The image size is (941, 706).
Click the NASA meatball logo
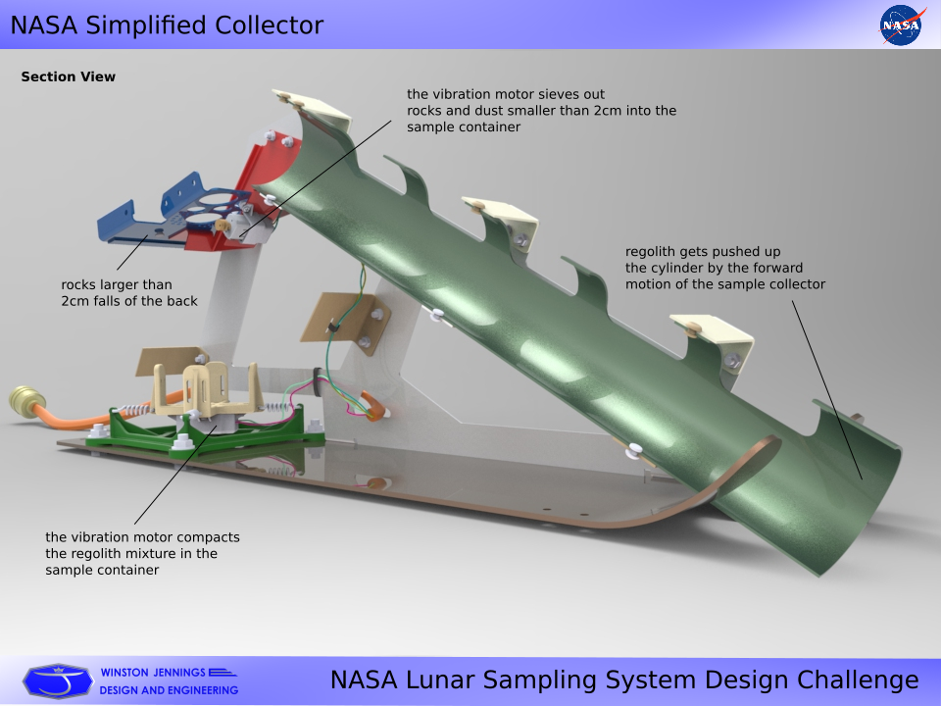click(900, 25)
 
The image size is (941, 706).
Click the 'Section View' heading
click(68, 76)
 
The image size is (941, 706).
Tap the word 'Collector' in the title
click(269, 25)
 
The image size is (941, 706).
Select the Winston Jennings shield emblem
click(58, 681)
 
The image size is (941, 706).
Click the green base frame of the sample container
click(204, 429)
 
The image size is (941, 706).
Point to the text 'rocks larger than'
click(117, 285)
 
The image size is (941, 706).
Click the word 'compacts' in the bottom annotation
click(209, 538)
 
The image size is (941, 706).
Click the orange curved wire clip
click(374, 406)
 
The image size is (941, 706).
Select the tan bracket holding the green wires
click(345, 325)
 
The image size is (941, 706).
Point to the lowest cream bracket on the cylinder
click(715, 339)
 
